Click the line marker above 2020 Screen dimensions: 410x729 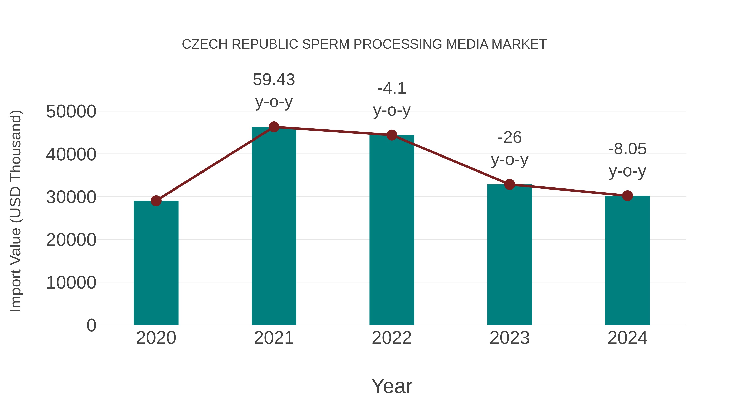pyautogui.click(x=156, y=201)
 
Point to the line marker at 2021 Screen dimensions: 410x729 pyautogui.click(x=274, y=127)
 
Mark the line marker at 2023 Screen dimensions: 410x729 pyautogui.click(x=509, y=184)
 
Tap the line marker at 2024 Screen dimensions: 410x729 pyautogui.click(x=627, y=196)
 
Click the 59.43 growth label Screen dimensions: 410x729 pyautogui.click(x=274, y=80)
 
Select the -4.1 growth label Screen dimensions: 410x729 pyautogui.click(x=392, y=88)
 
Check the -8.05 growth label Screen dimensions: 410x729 pyautogui.click(x=627, y=149)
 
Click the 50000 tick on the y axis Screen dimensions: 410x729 pyautogui.click(x=71, y=112)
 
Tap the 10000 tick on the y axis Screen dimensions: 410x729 pyautogui.click(x=71, y=282)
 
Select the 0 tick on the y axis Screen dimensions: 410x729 pyautogui.click(x=91, y=325)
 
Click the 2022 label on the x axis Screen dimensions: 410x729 pyautogui.click(x=392, y=338)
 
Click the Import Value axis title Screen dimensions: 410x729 pyautogui.click(x=16, y=211)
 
